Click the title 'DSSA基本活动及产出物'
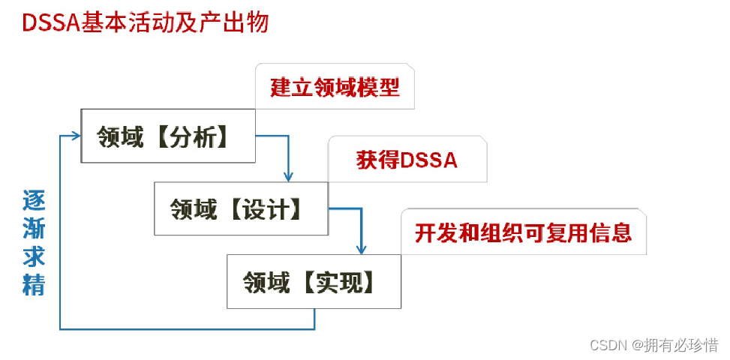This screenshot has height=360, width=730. (x=145, y=22)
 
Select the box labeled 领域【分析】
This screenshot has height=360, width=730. (x=167, y=136)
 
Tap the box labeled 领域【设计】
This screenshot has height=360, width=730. (x=240, y=208)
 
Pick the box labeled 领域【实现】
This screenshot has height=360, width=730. (x=314, y=281)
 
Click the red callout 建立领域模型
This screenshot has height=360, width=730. (x=335, y=87)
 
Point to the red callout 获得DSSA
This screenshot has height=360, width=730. (x=407, y=160)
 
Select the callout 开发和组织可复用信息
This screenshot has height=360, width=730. (x=523, y=232)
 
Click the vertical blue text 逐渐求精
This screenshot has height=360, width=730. (x=34, y=242)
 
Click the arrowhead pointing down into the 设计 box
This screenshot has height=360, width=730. (x=288, y=176)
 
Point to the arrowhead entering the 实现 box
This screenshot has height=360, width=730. (x=361, y=249)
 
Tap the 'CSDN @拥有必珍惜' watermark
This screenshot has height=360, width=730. (x=653, y=345)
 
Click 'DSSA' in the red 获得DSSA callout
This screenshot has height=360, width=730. (x=429, y=160)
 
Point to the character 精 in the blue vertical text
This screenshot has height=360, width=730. (x=34, y=285)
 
